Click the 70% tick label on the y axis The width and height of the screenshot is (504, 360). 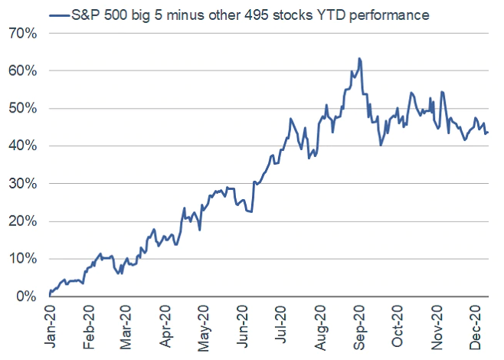coord(22,34)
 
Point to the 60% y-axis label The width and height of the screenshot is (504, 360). coord(22,71)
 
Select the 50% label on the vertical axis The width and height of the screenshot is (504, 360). coord(22,109)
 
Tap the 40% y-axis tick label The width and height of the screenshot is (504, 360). coord(22,146)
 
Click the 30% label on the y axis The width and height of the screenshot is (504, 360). coord(22,184)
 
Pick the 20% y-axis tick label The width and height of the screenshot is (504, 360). coord(22,221)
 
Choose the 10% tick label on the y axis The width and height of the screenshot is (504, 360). coord(22,259)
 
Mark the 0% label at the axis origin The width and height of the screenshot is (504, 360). coord(25,296)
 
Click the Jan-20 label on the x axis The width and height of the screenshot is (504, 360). coord(51,328)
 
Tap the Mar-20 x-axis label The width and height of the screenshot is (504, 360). coord(127,328)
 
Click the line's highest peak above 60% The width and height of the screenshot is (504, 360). coord(359,58)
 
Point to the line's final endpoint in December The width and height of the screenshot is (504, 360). coord(489,133)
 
